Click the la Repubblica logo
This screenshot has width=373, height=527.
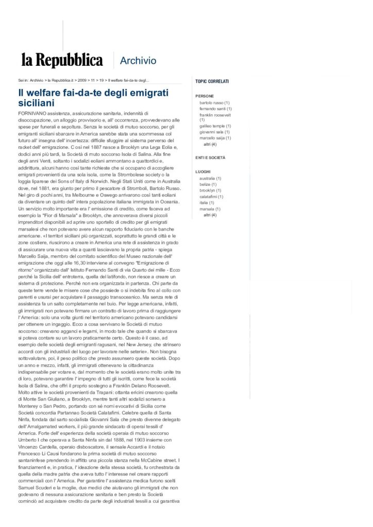(x=62, y=60)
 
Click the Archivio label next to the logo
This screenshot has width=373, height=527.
(x=138, y=61)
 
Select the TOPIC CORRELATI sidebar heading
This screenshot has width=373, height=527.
(x=212, y=81)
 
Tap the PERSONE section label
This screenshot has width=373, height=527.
(x=205, y=96)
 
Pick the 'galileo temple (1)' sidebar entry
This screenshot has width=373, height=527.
(x=215, y=126)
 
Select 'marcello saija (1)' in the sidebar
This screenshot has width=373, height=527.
(x=215, y=137)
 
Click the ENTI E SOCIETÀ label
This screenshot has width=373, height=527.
(x=210, y=157)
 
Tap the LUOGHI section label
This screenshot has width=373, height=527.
(x=204, y=172)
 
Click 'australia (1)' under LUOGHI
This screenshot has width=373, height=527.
(x=210, y=179)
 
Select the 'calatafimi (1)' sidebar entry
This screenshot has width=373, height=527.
(x=211, y=197)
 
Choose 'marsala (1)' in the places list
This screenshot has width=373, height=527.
(x=210, y=208)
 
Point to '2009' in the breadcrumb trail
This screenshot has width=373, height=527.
(x=82, y=81)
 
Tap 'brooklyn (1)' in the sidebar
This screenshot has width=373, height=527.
(x=210, y=190)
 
